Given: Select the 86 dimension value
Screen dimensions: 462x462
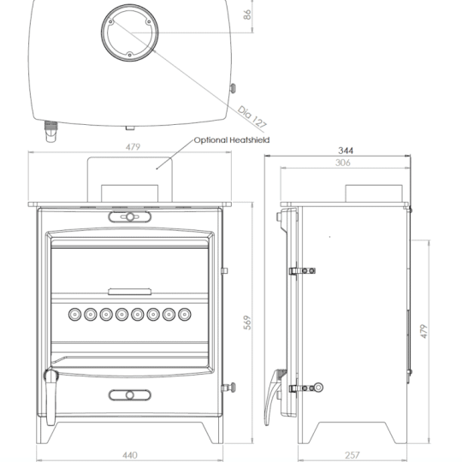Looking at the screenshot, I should click(x=248, y=15).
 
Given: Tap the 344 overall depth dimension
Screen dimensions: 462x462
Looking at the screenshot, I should click(x=346, y=151).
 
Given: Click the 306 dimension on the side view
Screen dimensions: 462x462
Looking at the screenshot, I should click(x=342, y=162).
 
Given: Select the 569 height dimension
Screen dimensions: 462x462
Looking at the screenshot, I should click(x=247, y=323).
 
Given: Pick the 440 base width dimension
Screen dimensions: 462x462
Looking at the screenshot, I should click(x=130, y=454).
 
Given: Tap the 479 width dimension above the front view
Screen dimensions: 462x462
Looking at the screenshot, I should click(x=133, y=147).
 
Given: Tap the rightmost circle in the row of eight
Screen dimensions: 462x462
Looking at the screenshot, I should click(x=184, y=314).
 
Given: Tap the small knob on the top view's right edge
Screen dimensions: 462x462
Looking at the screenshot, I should click(x=233, y=87).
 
